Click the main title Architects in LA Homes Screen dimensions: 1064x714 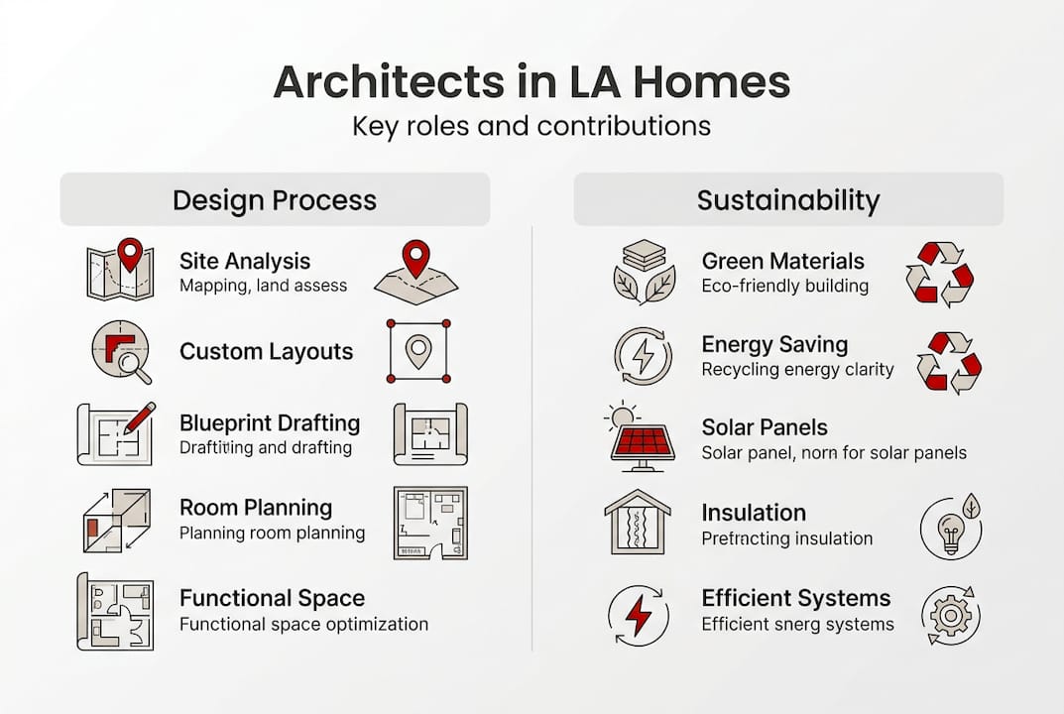coord(532,82)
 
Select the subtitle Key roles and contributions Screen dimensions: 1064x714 coord(532,126)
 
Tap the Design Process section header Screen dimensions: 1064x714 coord(275,200)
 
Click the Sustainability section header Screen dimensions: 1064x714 coord(788,200)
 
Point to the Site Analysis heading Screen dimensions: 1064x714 coord(245,261)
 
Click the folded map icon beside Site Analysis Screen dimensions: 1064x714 coord(121,270)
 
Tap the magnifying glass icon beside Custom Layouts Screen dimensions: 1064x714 coord(121,352)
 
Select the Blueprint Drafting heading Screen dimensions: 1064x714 coord(270,422)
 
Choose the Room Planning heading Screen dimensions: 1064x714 coord(256,508)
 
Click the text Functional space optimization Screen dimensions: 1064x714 coord(304,625)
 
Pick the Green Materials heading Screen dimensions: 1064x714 coord(783,261)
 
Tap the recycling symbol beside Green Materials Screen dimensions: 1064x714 coord(940,275)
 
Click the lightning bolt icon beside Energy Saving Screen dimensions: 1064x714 coord(644,356)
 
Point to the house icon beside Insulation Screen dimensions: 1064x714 coord(638,522)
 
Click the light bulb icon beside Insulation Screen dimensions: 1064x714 coord(951,527)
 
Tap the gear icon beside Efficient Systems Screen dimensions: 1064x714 coord(951,616)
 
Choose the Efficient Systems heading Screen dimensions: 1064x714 coord(796,599)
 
